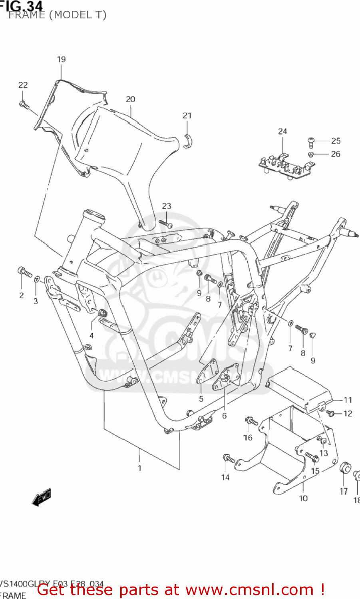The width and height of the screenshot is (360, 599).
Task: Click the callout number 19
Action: click(61, 60)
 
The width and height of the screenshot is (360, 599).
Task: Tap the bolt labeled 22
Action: click(24, 105)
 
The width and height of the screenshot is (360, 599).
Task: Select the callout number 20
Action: click(131, 99)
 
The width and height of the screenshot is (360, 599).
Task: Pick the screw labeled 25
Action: click(312, 141)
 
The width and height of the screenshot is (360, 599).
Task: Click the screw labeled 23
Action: click(165, 224)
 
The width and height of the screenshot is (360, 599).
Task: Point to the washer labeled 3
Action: click(36, 279)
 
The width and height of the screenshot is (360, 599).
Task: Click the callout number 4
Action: click(91, 335)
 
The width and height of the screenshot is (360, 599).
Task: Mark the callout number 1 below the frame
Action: click(139, 468)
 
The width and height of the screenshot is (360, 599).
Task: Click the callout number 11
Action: click(348, 400)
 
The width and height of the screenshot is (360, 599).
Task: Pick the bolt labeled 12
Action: click(331, 413)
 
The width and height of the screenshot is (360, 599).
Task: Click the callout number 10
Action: click(303, 498)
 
